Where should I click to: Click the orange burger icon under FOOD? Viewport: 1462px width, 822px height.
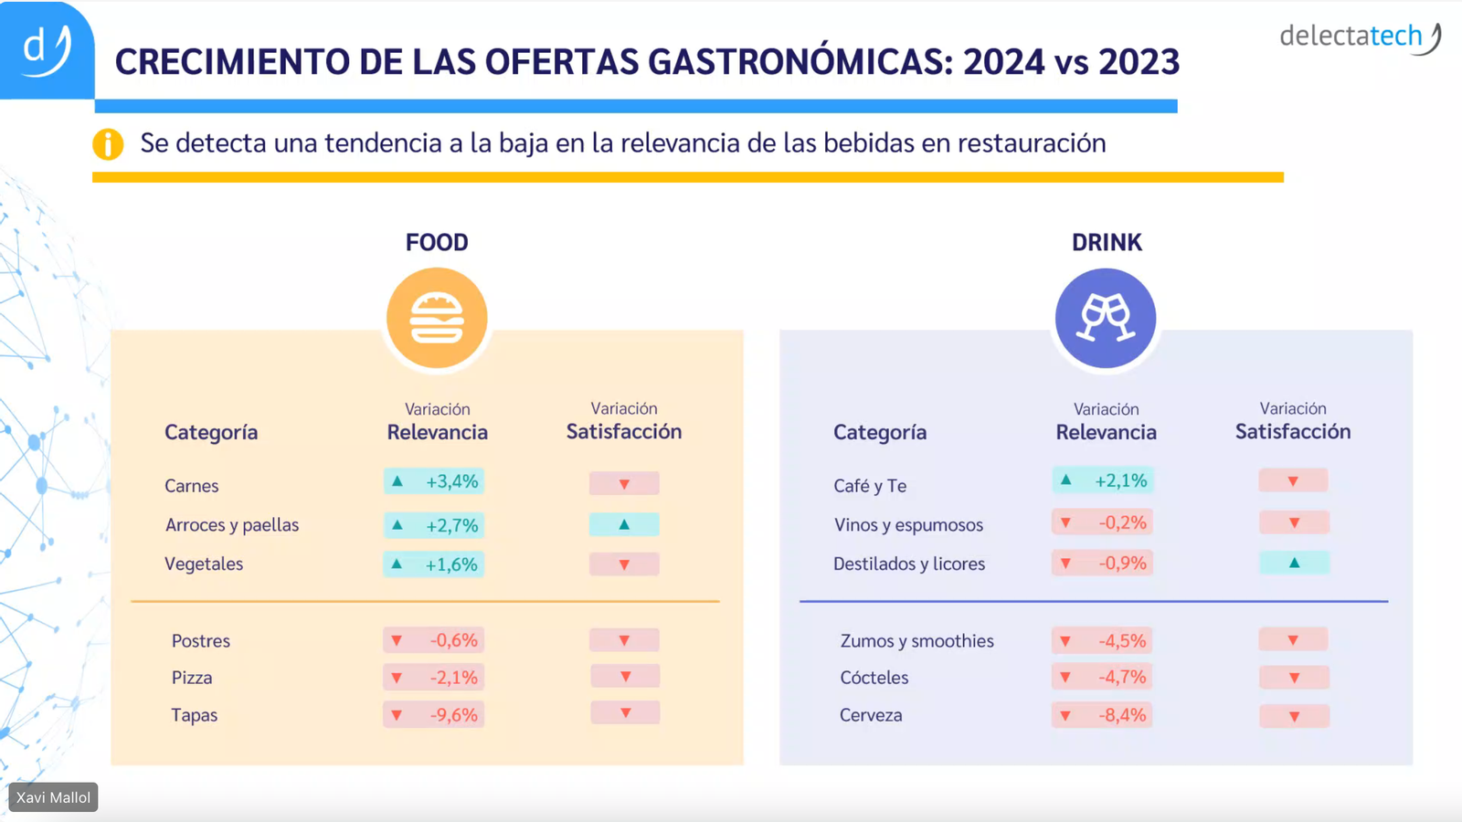point(437,318)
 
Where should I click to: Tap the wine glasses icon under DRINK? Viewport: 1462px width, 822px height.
point(1106,318)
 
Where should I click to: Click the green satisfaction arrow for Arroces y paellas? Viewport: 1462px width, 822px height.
point(624,524)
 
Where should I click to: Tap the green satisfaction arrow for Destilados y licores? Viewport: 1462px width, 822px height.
point(1294,563)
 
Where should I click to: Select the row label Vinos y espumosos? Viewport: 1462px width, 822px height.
point(908,525)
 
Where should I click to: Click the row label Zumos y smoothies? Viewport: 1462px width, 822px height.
point(916,641)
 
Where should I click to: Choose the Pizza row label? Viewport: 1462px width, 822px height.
point(192,678)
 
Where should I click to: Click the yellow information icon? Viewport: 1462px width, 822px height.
point(108,144)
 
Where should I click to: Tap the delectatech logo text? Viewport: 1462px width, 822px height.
point(1351,37)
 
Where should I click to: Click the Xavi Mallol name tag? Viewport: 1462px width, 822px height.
point(53,797)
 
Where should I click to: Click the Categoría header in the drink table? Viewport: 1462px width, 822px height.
point(880,432)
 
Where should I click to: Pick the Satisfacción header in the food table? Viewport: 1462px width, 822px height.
point(624,431)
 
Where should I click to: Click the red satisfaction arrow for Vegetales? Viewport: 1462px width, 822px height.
point(624,564)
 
